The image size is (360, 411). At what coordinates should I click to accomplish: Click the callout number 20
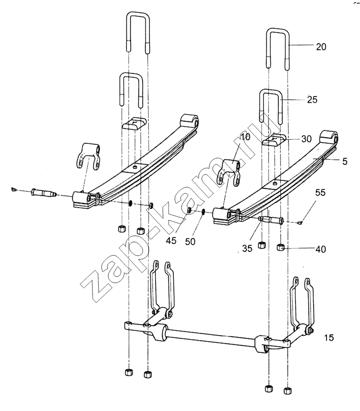tap(321, 47)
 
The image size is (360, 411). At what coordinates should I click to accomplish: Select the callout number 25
tap(312, 100)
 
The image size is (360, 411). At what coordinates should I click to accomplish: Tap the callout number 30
tap(306, 139)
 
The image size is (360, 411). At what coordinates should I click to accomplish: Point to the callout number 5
tap(345, 161)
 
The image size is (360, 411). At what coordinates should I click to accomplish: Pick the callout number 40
tap(320, 249)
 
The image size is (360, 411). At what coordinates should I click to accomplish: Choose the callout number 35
tap(247, 248)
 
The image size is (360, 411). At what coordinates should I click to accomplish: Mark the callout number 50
tap(190, 241)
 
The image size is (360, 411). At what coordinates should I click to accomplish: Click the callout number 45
tap(171, 240)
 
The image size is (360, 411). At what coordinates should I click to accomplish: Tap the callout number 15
tap(329, 338)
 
